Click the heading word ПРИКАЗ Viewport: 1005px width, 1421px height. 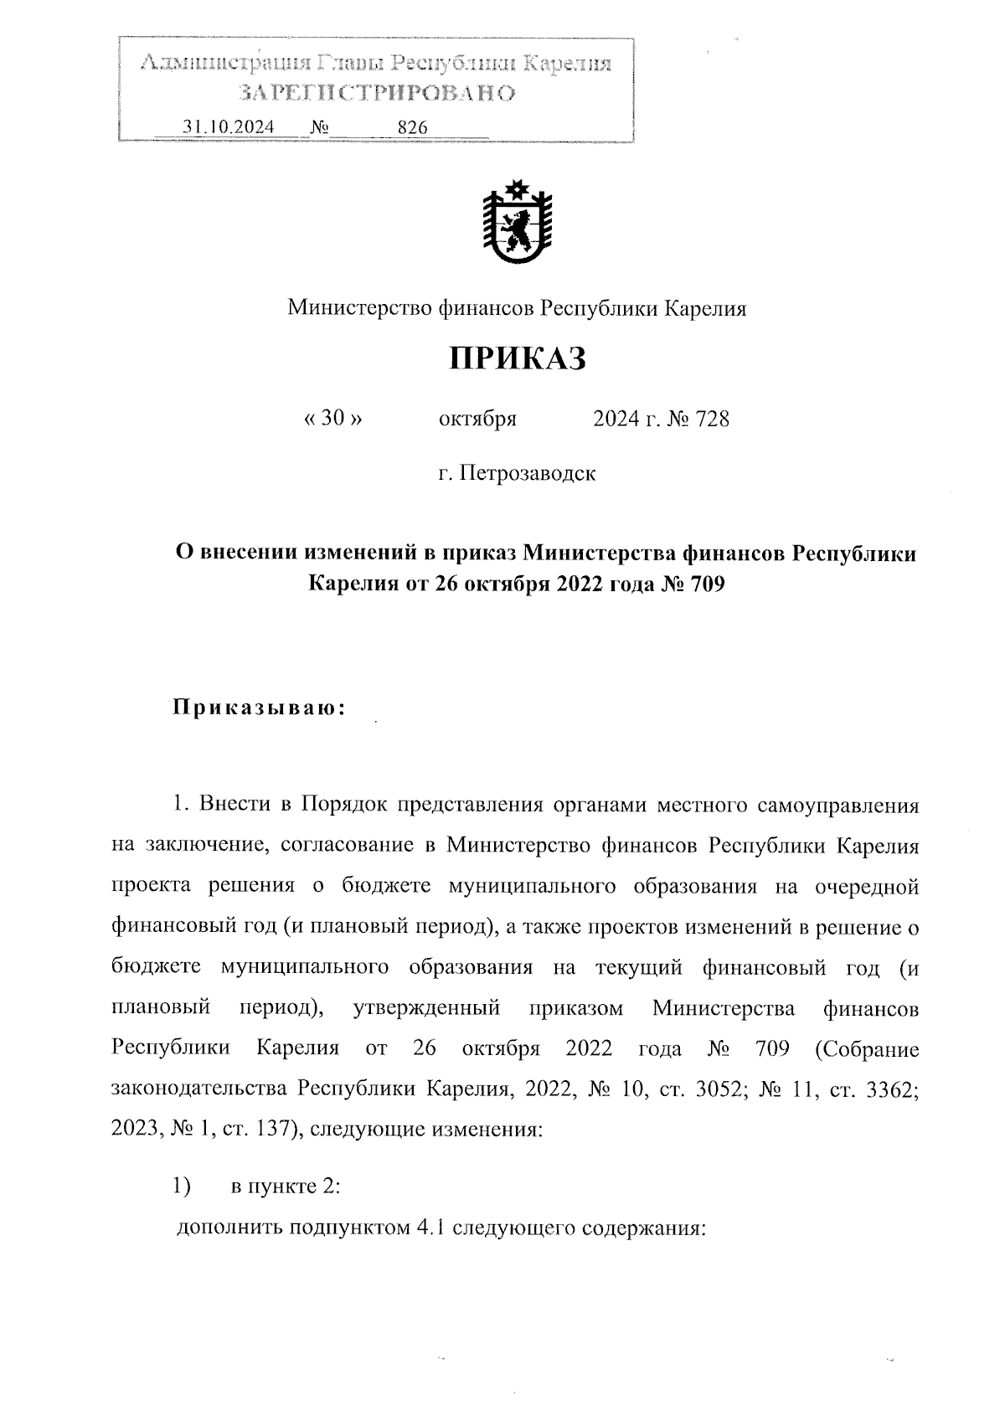point(517,358)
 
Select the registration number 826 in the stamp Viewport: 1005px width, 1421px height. point(413,127)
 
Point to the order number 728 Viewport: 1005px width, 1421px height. point(712,419)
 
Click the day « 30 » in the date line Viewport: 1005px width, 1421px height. point(333,419)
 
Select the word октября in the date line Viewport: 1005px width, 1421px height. point(477,419)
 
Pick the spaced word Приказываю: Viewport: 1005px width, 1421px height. point(260,708)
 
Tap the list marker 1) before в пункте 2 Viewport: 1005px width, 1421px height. point(182,1186)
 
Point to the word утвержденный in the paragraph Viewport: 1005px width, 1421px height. point(427,1007)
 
